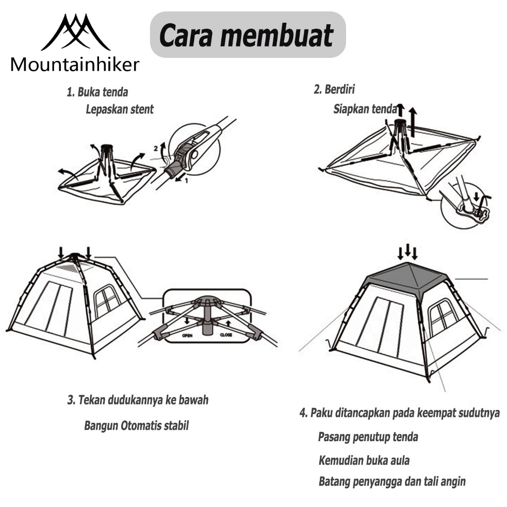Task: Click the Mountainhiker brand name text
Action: pyautogui.click(x=75, y=64)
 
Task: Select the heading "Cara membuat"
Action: pyautogui.click(x=247, y=36)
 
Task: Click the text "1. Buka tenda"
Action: pyautogui.click(x=98, y=92)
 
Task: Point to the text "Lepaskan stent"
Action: pyautogui.click(x=120, y=109)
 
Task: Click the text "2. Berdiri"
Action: pyautogui.click(x=334, y=90)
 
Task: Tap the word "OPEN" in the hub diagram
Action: pyautogui.click(x=188, y=335)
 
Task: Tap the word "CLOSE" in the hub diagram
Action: pyautogui.click(x=226, y=335)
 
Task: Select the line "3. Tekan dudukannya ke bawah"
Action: pyautogui.click(x=138, y=400)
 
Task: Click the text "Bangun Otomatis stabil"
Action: pyautogui.click(x=136, y=425)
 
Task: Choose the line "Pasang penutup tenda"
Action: pyautogui.click(x=368, y=437)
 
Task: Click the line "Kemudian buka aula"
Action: pyautogui.click(x=364, y=460)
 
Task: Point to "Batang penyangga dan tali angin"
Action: pyautogui.click(x=392, y=481)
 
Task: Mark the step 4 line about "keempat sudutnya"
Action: pyautogui.click(x=400, y=413)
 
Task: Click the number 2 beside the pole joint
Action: pyautogui.click(x=156, y=148)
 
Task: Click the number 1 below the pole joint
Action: pyautogui.click(x=186, y=181)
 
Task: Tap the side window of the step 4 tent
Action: pyautogui.click(x=442, y=317)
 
